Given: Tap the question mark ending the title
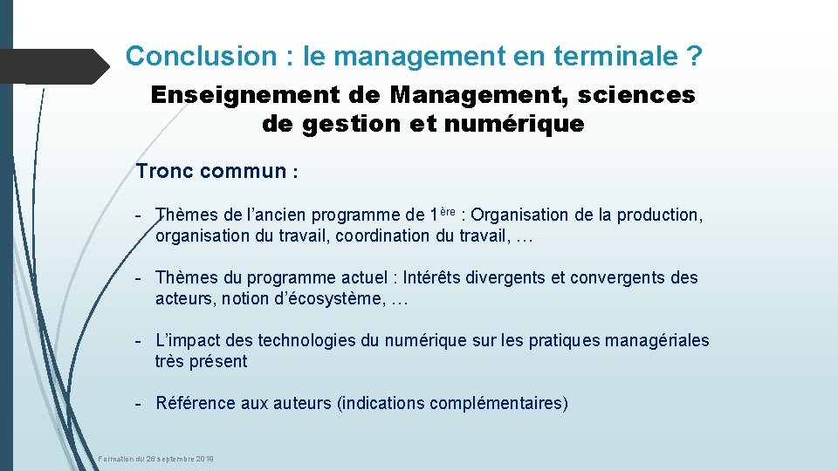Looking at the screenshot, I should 694,57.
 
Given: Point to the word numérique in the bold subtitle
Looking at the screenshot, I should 514,125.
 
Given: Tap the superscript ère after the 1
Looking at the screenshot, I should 448,210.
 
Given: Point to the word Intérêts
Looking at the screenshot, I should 435,278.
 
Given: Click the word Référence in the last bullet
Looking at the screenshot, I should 190,404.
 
